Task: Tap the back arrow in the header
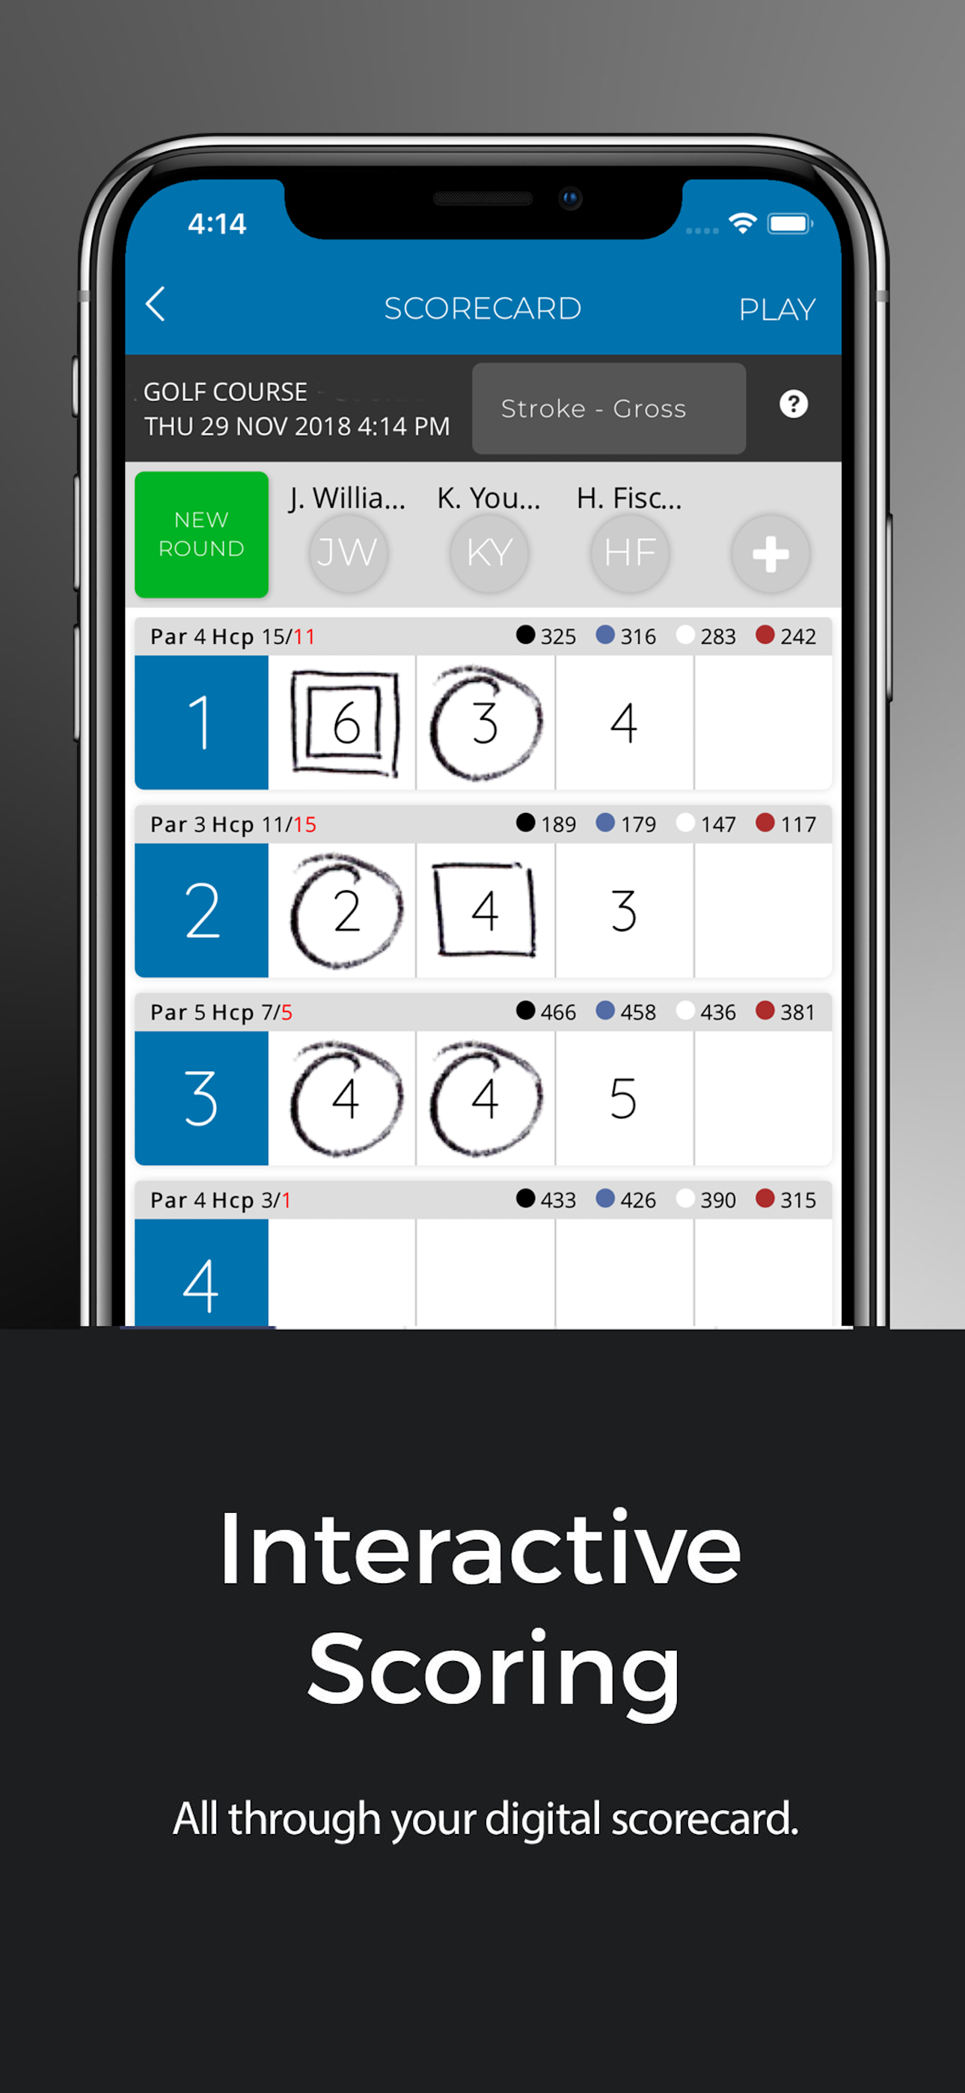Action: (155, 305)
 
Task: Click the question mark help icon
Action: (794, 403)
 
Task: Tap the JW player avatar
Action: (348, 553)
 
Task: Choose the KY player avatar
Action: (489, 553)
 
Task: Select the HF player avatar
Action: (630, 553)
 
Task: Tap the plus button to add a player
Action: (770, 554)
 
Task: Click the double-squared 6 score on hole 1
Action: (345, 722)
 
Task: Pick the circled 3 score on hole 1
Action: (485, 722)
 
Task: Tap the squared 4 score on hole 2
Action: (485, 910)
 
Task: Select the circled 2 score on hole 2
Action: (347, 910)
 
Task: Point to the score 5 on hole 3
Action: (624, 1098)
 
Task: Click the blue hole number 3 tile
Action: (201, 1098)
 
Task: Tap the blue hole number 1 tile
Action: (201, 722)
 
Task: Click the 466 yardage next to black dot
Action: (558, 1012)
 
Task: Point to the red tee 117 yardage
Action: (797, 825)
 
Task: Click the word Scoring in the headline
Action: (494, 1672)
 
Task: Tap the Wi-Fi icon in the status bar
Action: (742, 222)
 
